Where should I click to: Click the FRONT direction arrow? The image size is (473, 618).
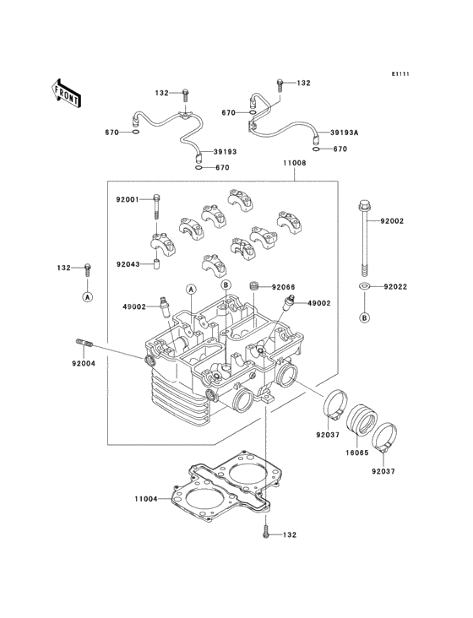pyautogui.click(x=66, y=94)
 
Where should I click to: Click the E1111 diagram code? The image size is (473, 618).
pyautogui.click(x=400, y=73)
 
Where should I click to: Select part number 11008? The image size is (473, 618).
pyautogui.click(x=295, y=163)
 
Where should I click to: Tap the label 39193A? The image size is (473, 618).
pyautogui.click(x=344, y=133)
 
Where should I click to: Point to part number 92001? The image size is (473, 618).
pyautogui.click(x=128, y=199)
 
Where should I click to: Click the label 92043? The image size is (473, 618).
pyautogui.click(x=128, y=264)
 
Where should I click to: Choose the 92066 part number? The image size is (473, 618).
pyautogui.click(x=284, y=287)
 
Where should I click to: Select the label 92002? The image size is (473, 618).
pyautogui.click(x=392, y=221)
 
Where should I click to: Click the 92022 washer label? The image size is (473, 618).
pyautogui.click(x=396, y=286)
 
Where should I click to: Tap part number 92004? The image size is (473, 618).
pyautogui.click(x=84, y=363)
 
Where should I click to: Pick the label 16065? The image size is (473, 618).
pyautogui.click(x=357, y=453)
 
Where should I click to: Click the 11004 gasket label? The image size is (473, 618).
pyautogui.click(x=146, y=499)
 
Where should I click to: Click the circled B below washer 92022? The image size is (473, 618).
pyautogui.click(x=365, y=317)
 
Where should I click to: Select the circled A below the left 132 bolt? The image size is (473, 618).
pyautogui.click(x=88, y=297)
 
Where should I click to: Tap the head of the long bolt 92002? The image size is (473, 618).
pyautogui.click(x=364, y=205)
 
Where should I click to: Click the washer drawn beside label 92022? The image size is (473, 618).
pyautogui.click(x=364, y=286)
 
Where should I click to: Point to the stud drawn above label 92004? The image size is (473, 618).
pyautogui.click(x=84, y=344)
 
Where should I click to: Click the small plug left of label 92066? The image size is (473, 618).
pyautogui.click(x=256, y=285)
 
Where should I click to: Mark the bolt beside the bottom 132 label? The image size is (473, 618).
pyautogui.click(x=266, y=531)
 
